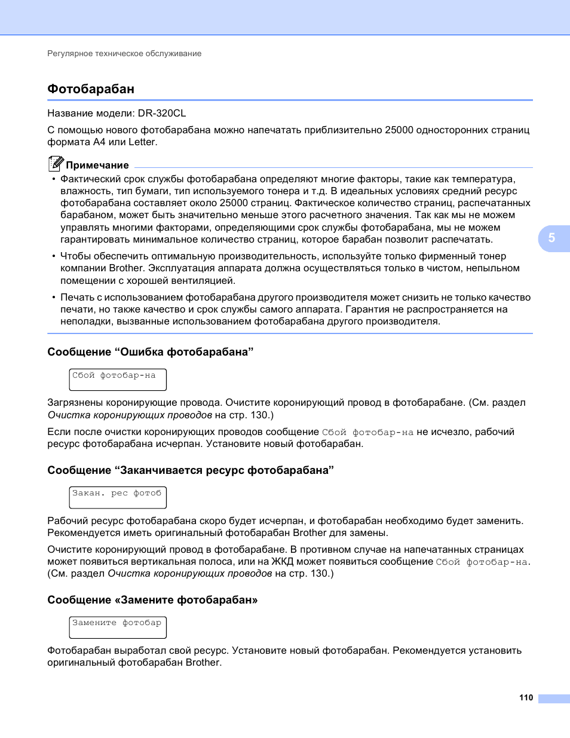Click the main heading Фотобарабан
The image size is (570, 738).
click(91, 89)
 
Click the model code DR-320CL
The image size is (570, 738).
click(162, 113)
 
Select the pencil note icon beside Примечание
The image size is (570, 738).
click(56, 163)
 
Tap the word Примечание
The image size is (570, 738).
click(97, 166)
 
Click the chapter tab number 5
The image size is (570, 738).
click(551, 238)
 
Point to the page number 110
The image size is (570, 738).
click(526, 697)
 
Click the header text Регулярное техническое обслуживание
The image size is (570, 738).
click(124, 54)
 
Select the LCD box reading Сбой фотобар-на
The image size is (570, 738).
click(118, 379)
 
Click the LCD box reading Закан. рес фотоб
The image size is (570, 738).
click(118, 497)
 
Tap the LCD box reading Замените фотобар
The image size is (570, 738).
click(118, 627)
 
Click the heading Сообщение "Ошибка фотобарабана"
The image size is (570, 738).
click(151, 352)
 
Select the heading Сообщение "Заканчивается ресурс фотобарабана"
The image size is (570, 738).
click(191, 470)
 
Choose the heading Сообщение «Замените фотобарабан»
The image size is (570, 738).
click(152, 600)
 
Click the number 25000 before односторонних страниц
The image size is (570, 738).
click(399, 130)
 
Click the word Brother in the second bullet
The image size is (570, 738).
click(126, 268)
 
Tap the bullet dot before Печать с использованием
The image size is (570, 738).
click(54, 297)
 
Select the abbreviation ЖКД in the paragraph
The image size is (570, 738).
click(283, 562)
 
